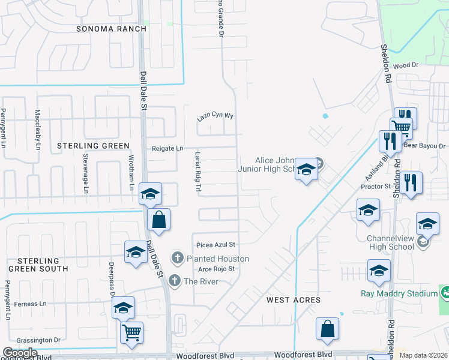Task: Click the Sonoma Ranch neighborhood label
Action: point(112,29)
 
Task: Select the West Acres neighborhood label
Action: point(294,299)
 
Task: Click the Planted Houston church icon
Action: point(177,259)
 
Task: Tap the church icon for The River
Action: point(175,280)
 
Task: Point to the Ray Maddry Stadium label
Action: point(399,293)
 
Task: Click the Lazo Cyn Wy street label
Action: point(215,116)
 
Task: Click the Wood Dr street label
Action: point(406,65)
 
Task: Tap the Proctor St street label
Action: point(376,187)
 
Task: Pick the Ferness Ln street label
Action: point(30,304)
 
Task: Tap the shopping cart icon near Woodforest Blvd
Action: point(131,332)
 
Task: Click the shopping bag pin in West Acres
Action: point(328,329)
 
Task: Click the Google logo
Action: point(20,353)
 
